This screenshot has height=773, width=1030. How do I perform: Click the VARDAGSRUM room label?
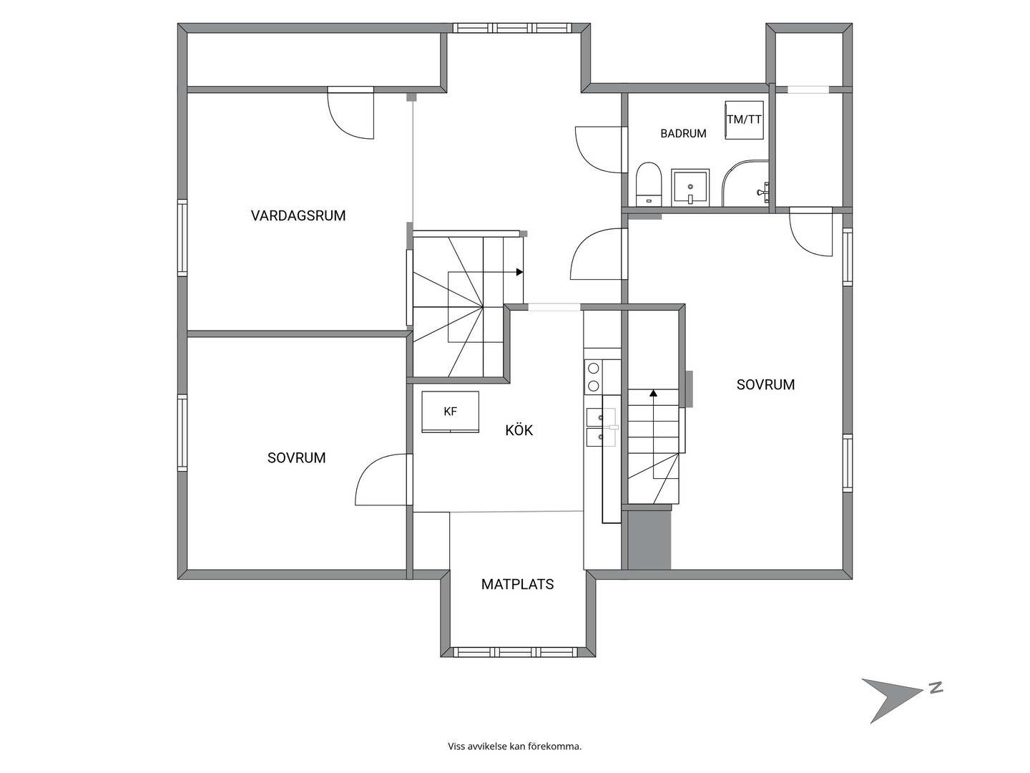pos(298,216)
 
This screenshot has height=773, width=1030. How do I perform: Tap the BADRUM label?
pos(683,134)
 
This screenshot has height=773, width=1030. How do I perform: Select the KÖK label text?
pos(519,430)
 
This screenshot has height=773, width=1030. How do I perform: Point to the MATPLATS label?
pos(518,584)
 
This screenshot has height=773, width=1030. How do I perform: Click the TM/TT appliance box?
pos(744,120)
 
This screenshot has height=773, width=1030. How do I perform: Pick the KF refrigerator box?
pos(450,412)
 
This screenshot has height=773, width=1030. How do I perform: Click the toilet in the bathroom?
pos(649,184)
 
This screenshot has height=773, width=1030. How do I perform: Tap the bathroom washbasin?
pos(690,188)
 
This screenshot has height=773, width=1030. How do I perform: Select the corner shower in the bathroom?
pos(745,183)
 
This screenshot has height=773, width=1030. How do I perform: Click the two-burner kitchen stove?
pos(594,377)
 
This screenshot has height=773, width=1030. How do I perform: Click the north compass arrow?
pos(891,707)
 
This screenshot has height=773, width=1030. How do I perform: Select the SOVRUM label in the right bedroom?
pos(765,385)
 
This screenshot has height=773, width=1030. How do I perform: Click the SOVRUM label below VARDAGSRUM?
pos(297,458)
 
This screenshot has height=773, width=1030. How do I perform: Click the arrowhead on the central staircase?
pos(519,272)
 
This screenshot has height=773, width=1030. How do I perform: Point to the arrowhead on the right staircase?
pos(653,394)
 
